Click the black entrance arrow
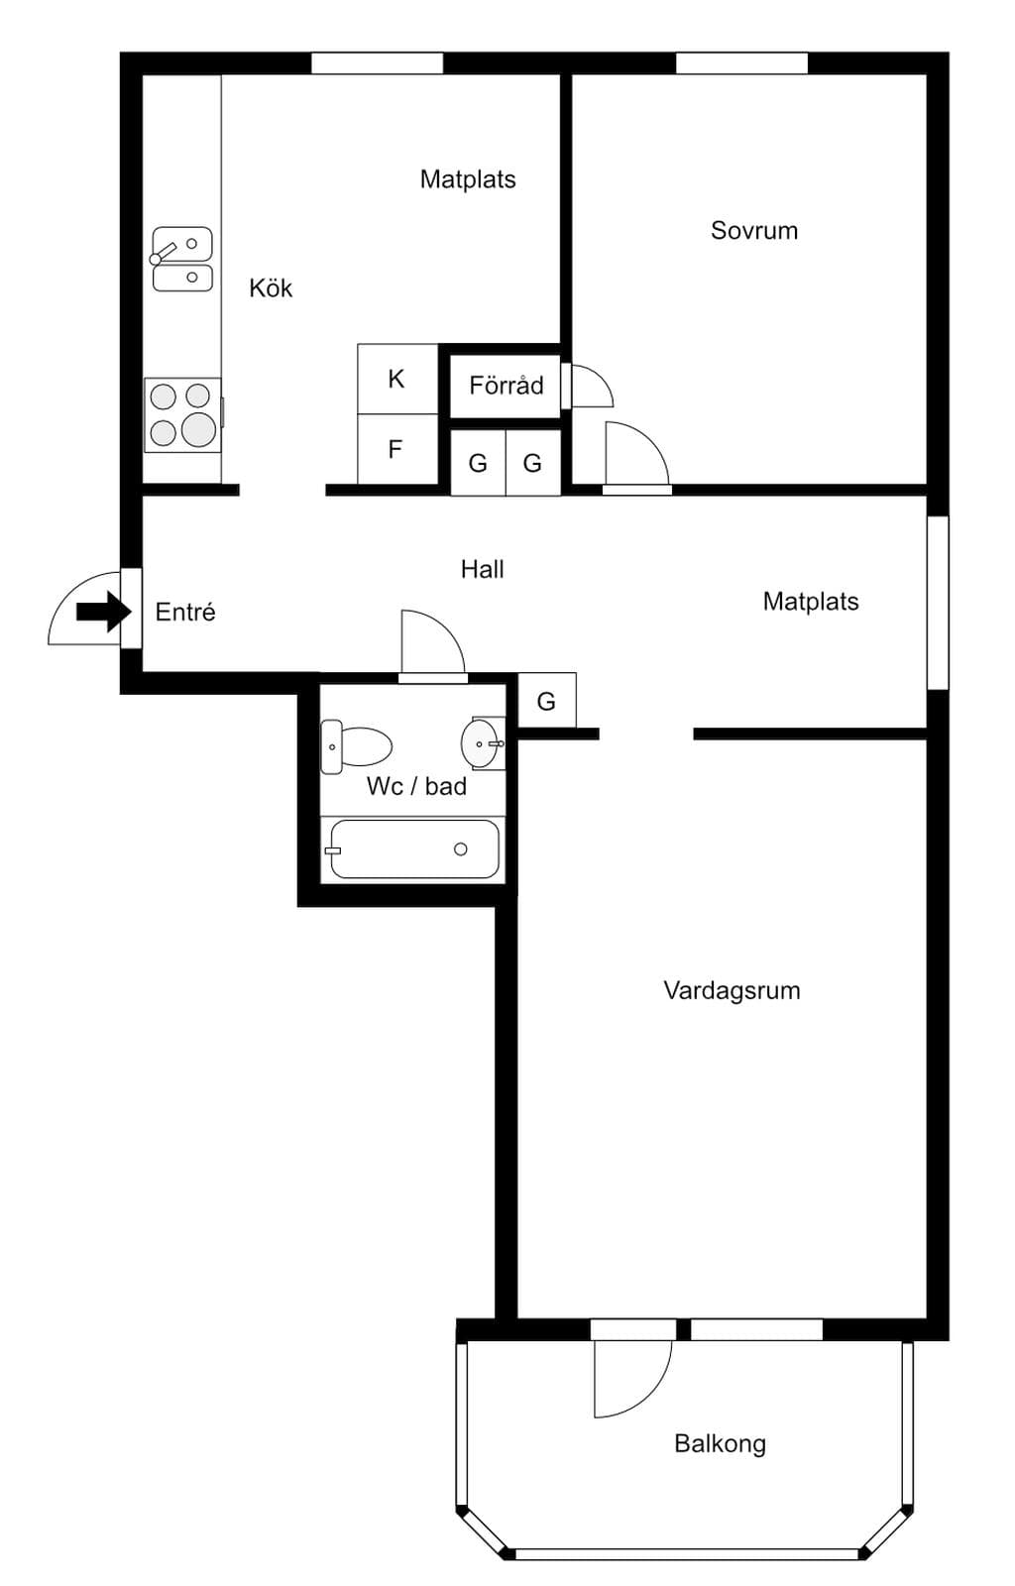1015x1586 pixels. [x=104, y=611]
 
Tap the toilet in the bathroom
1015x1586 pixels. [x=355, y=747]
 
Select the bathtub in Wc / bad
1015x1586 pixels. [x=414, y=849]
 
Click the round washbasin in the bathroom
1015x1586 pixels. [x=482, y=743]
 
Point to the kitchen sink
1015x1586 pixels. [x=181, y=259]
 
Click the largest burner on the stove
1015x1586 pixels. [x=199, y=429]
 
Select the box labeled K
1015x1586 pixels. [x=397, y=379]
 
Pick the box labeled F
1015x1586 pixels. [x=397, y=449]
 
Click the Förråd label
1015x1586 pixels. [x=507, y=386]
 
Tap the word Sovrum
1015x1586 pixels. [x=754, y=230]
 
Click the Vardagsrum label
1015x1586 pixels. [x=732, y=990]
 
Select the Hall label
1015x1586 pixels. [x=482, y=569]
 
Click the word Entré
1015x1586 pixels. [x=184, y=611]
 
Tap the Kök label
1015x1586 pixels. [x=271, y=287]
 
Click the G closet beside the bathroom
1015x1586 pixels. [x=547, y=700]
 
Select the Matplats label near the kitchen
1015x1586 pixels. [x=467, y=179]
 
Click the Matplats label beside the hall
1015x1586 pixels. [x=811, y=601]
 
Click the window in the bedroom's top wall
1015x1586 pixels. [x=741, y=63]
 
